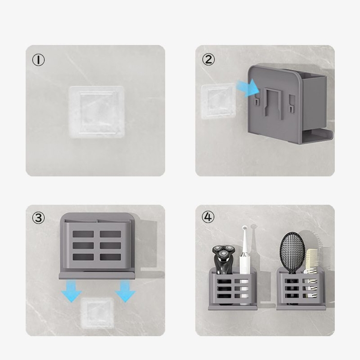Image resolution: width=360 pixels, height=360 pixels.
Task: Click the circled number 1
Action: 38,60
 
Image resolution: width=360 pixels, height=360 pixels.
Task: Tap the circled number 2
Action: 208,59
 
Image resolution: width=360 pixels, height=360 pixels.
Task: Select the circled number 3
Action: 38,217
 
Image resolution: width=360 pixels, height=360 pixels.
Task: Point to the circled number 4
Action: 208,217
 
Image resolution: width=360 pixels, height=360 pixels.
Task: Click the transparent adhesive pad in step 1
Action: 97,112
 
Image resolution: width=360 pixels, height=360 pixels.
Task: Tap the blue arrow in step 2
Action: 248,88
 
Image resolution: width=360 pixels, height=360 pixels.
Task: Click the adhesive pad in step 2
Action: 218,101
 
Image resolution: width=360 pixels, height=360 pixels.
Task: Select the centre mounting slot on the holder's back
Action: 273,104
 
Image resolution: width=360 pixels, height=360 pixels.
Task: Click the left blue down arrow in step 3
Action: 72,291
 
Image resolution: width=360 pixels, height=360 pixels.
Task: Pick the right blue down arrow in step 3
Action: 126,291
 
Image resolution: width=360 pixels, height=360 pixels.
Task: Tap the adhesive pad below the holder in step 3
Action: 97,313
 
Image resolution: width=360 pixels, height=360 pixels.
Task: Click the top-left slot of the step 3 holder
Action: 83,234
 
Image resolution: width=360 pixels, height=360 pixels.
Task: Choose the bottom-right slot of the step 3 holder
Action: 110,257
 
